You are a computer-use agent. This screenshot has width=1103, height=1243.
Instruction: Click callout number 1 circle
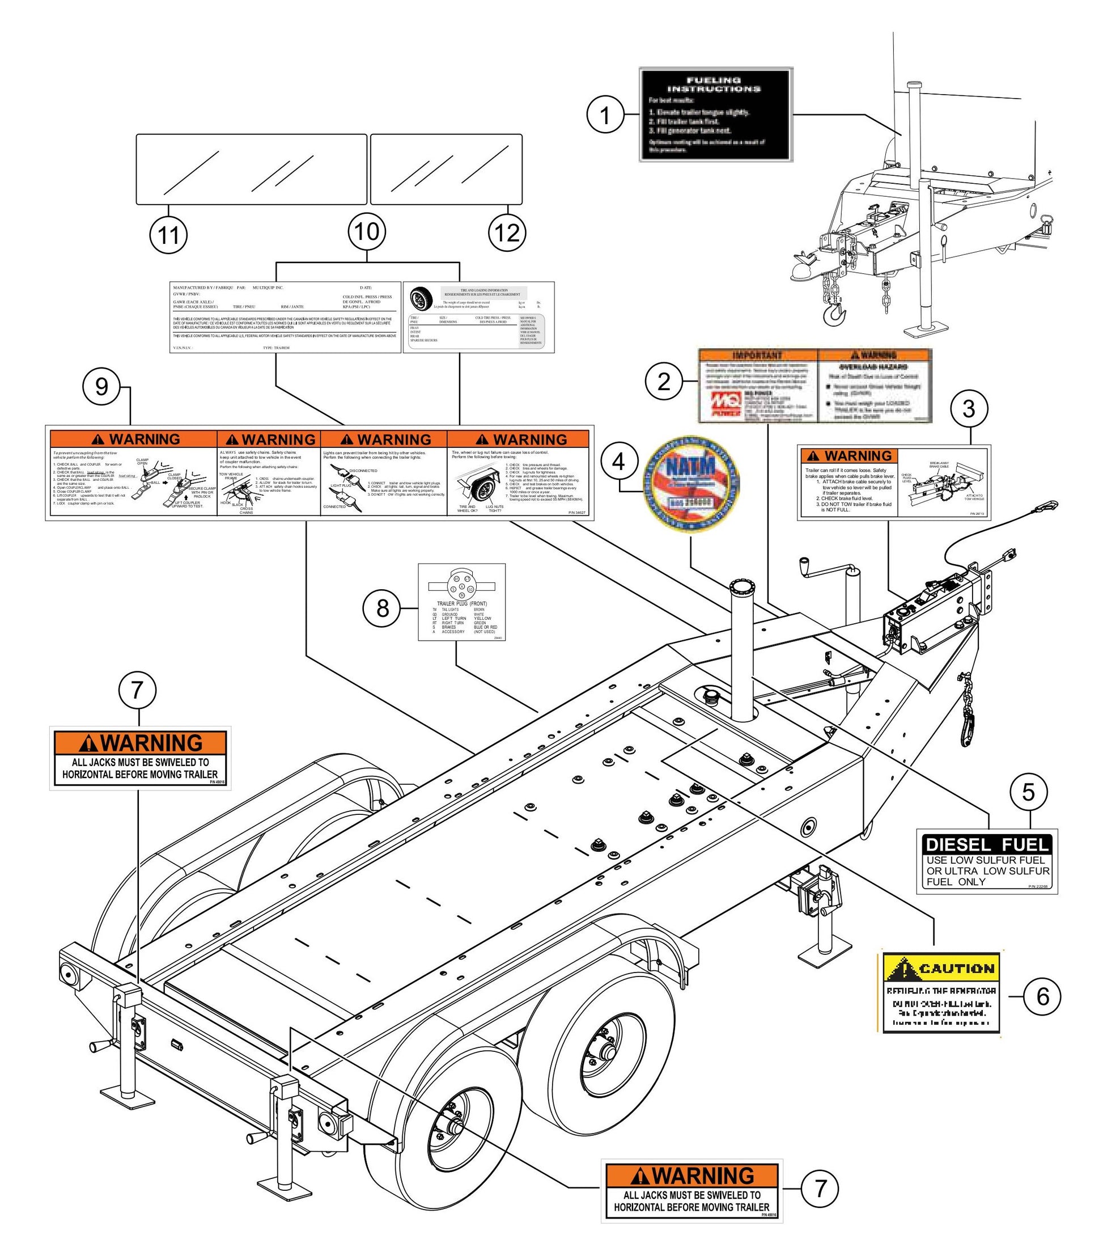coord(605,116)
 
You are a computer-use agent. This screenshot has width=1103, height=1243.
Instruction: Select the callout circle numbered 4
coord(618,462)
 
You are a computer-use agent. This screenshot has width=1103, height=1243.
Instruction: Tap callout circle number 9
coord(101,387)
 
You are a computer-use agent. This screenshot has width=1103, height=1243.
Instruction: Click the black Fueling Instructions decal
coord(716,115)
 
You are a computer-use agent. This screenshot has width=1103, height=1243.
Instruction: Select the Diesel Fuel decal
coord(987,861)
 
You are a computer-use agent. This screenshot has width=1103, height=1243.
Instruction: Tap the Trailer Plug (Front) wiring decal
coord(462,602)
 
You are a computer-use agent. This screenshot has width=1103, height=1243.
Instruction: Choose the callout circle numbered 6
coord(1043,996)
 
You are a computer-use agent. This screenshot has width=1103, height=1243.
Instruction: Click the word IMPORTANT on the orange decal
coord(757,355)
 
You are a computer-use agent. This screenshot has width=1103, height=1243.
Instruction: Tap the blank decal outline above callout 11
coord(251,169)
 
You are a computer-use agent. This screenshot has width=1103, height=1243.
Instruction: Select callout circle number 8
coord(382,607)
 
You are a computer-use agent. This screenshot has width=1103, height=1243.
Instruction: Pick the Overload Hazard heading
coord(874,367)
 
